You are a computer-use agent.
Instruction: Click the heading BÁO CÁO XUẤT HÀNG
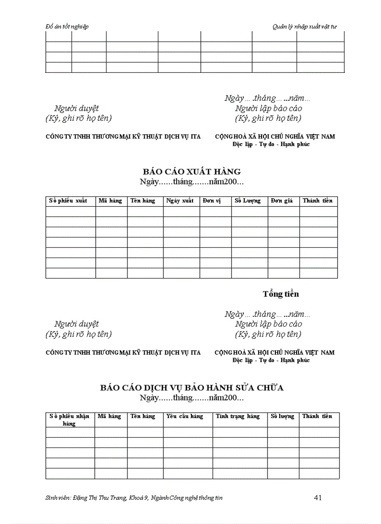pyautogui.click(x=191, y=171)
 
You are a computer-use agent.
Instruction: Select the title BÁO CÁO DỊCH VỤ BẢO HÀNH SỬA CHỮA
pyautogui.click(x=191, y=387)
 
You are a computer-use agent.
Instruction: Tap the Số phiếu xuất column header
pyautogui.click(x=68, y=201)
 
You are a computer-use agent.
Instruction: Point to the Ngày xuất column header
pyautogui.click(x=180, y=201)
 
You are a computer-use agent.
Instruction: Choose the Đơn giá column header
pyautogui.click(x=282, y=201)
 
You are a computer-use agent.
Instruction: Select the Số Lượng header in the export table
pyautogui.click(x=247, y=201)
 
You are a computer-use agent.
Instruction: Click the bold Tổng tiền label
pyautogui.click(x=281, y=294)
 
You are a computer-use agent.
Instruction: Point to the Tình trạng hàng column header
pyautogui.click(x=238, y=416)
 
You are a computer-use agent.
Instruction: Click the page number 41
pyautogui.click(x=318, y=497)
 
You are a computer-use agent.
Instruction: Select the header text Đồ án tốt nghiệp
pyautogui.click(x=67, y=27)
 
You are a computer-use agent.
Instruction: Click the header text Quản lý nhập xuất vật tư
pyautogui.click(x=304, y=27)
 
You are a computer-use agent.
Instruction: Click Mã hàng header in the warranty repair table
pyautogui.click(x=109, y=416)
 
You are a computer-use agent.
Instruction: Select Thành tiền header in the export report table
pyautogui.click(x=317, y=201)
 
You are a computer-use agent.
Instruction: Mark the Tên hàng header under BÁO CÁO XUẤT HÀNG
pyautogui.click(x=143, y=201)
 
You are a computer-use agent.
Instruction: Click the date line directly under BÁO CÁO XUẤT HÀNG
pyautogui.click(x=191, y=182)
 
